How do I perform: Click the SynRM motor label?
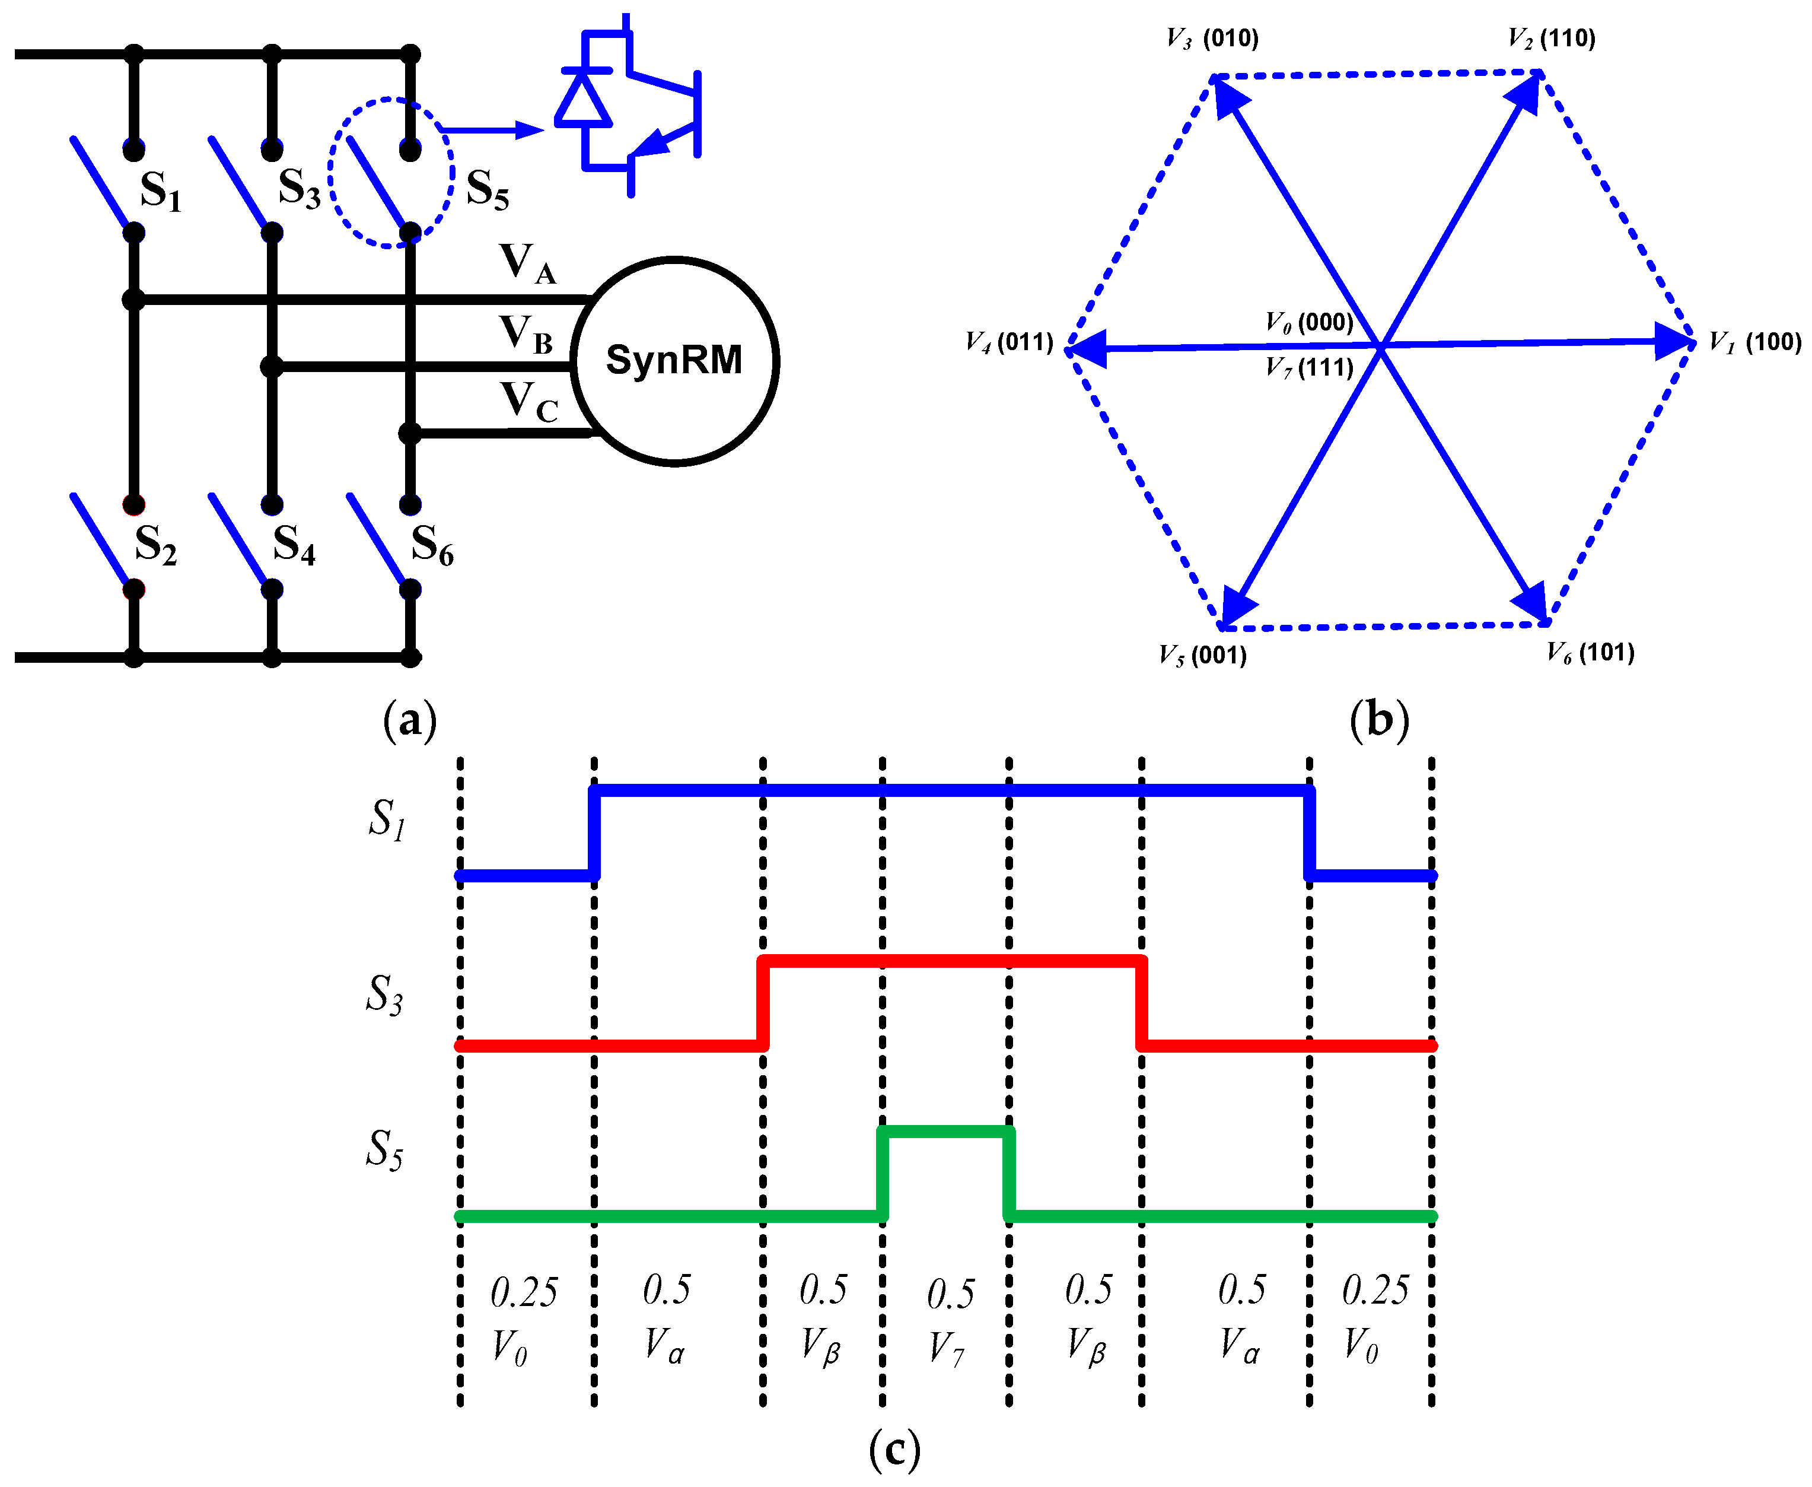click(673, 360)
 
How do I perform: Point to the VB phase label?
click(526, 334)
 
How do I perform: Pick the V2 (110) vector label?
click(1551, 39)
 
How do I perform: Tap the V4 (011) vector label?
click(1009, 342)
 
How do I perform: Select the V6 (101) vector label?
click(1590, 653)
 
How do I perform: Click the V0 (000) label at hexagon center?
click(1310, 322)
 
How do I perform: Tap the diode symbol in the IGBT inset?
click(583, 99)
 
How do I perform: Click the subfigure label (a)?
click(409, 720)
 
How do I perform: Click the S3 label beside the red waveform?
click(384, 994)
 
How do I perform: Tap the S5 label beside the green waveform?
click(384, 1149)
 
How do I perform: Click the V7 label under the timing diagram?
click(946, 1348)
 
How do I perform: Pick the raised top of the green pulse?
click(946, 1132)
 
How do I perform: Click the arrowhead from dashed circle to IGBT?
click(529, 130)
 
